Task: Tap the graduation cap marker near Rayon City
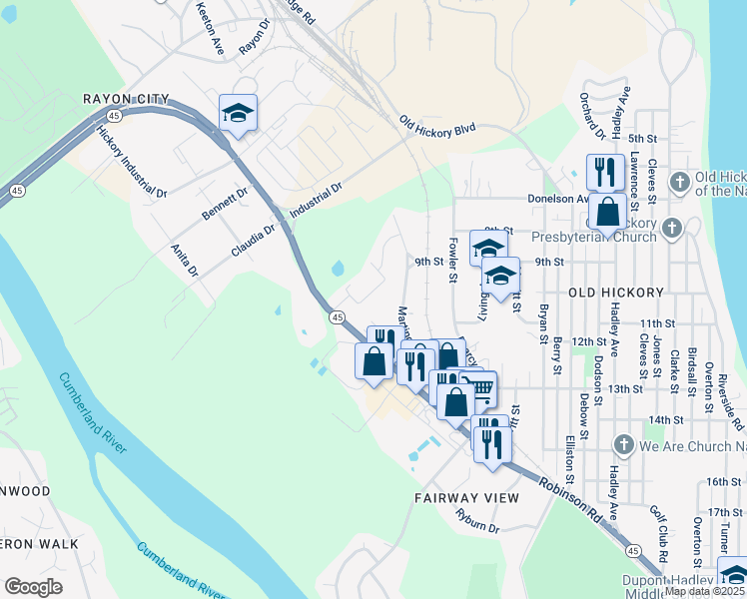[239, 113]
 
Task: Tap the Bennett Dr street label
[225, 204]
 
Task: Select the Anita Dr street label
[185, 261]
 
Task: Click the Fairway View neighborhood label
[467, 497]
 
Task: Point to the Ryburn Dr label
[476, 520]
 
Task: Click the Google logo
[33, 587]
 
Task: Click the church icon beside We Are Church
[624, 445]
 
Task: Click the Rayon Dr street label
[255, 37]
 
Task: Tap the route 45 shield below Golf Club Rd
[633, 550]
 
